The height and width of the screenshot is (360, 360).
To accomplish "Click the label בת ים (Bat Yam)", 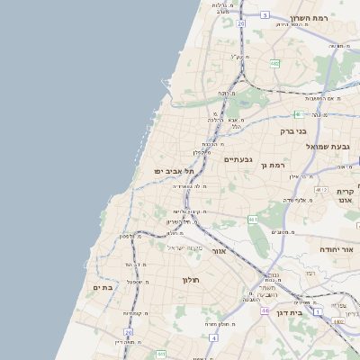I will pos(103,287).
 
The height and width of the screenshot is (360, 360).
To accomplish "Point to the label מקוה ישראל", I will pos(186,247).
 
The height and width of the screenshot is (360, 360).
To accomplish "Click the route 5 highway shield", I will pos(265,15).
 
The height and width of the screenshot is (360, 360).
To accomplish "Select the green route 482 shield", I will pos(274,63).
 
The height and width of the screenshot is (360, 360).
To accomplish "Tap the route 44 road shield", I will pos(265,310).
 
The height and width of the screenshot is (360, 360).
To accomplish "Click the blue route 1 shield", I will pos(319,311).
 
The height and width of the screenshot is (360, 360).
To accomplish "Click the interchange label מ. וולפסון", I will pos(132,236).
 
